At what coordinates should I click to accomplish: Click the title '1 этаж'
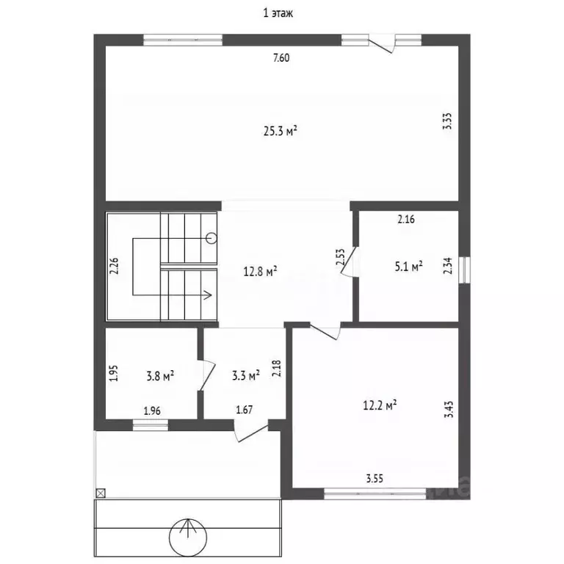point(278,14)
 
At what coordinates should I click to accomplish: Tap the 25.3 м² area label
point(281,131)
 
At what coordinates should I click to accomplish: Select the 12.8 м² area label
point(260,271)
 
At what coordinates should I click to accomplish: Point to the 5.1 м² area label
point(408,266)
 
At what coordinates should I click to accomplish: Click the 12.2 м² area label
point(380,405)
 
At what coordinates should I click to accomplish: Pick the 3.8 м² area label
point(160,376)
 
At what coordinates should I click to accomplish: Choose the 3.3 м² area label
point(246,376)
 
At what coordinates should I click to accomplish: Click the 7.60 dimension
point(281,57)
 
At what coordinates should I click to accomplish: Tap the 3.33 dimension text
point(447,121)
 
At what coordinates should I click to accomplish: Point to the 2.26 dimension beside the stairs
point(114,266)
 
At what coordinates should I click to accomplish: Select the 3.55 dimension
point(375,478)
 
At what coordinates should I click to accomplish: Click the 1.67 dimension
point(245,409)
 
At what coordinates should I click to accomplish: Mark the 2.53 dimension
point(340,257)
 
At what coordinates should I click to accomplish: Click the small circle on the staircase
point(211,238)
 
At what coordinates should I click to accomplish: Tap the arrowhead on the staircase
point(208,295)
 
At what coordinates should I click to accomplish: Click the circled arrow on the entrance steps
point(188,538)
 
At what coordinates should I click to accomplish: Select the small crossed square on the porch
point(101,493)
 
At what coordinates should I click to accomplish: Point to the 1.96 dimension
point(152,411)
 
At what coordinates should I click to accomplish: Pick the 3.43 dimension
point(449,409)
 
